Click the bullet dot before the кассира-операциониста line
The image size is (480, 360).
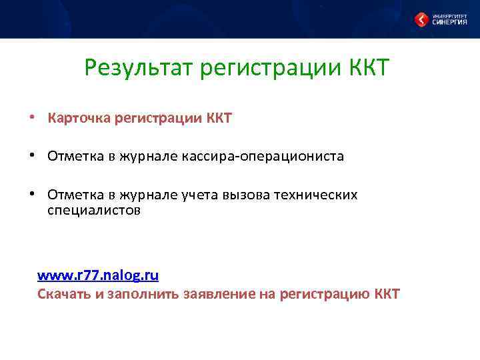pyautogui.click(x=32, y=156)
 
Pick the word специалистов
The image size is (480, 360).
pyautogui.click(x=94, y=211)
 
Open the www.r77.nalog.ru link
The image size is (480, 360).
pyautogui.click(x=97, y=275)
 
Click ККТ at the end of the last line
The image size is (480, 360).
pyautogui.click(x=387, y=294)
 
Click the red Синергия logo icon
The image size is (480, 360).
pyautogui.click(x=421, y=19)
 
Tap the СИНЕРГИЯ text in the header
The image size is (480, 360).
pyautogui.click(x=450, y=21)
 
